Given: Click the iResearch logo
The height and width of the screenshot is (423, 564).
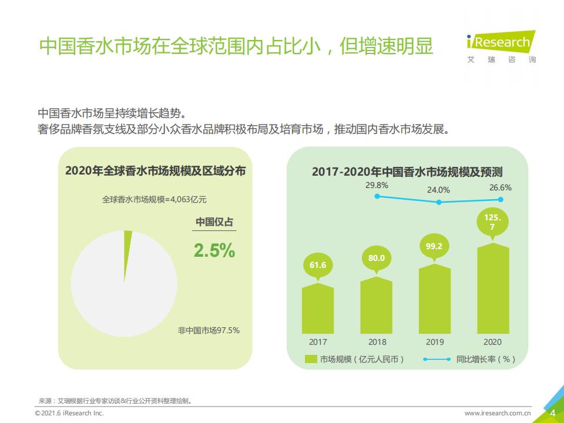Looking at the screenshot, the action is (x=501, y=47).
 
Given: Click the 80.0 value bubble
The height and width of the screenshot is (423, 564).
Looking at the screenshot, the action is (x=376, y=260).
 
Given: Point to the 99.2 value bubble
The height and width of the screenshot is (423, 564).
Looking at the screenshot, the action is (x=435, y=247).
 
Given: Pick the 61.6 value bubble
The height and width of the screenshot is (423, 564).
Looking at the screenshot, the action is (x=318, y=267).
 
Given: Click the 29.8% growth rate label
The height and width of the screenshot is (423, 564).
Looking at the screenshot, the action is (x=377, y=185).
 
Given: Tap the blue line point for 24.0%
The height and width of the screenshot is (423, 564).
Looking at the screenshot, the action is (x=439, y=202).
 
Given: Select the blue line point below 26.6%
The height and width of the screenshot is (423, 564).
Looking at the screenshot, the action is (x=501, y=199).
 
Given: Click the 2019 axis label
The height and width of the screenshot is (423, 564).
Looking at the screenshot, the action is (x=435, y=342).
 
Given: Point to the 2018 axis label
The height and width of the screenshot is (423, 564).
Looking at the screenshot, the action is (x=377, y=342).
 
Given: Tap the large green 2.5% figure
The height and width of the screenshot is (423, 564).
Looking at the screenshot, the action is (x=214, y=250).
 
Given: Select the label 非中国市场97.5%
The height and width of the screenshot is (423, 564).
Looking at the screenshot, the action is (x=209, y=330).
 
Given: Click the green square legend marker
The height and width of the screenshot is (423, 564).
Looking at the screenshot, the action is (x=311, y=359).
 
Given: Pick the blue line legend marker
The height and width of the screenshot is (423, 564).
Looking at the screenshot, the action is (x=437, y=359).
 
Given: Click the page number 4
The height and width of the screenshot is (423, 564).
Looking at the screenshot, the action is (x=553, y=413).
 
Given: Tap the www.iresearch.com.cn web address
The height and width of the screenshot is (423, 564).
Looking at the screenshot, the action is (x=498, y=413).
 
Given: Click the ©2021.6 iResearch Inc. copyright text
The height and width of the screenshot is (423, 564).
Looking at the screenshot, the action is (x=69, y=413).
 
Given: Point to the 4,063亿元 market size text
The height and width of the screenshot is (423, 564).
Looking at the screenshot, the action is (x=189, y=199).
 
